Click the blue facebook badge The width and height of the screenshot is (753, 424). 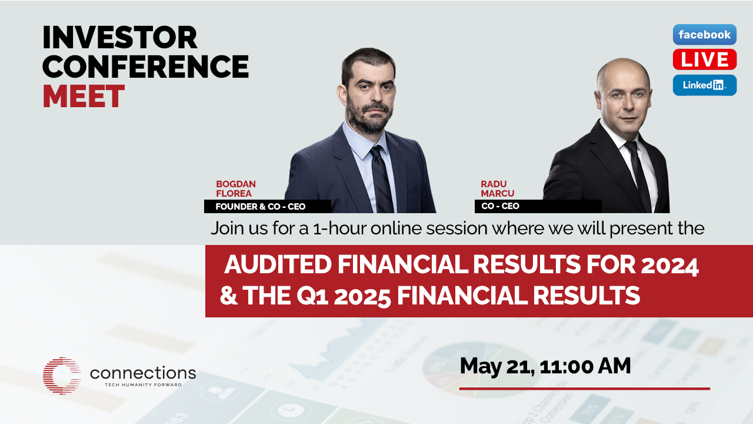pyautogui.click(x=705, y=34)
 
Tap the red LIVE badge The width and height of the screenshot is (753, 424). pyautogui.click(x=705, y=59)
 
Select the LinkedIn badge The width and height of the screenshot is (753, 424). pyautogui.click(x=705, y=85)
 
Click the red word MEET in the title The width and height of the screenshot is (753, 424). pyautogui.click(x=84, y=96)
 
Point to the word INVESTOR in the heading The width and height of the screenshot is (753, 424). pyautogui.click(x=119, y=37)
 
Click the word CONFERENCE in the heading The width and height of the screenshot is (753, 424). pyautogui.click(x=145, y=67)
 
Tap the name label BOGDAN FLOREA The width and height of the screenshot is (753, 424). pyautogui.click(x=236, y=189)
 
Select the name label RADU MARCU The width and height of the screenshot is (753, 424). pyautogui.click(x=497, y=189)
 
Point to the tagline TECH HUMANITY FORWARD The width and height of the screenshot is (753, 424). pyautogui.click(x=143, y=385)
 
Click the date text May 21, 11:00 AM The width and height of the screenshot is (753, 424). pyautogui.click(x=545, y=366)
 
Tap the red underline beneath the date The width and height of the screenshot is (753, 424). pyautogui.click(x=585, y=389)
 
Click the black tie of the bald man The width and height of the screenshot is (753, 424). pyautogui.click(x=638, y=175)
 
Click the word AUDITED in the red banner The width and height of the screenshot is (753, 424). pyautogui.click(x=278, y=264)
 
